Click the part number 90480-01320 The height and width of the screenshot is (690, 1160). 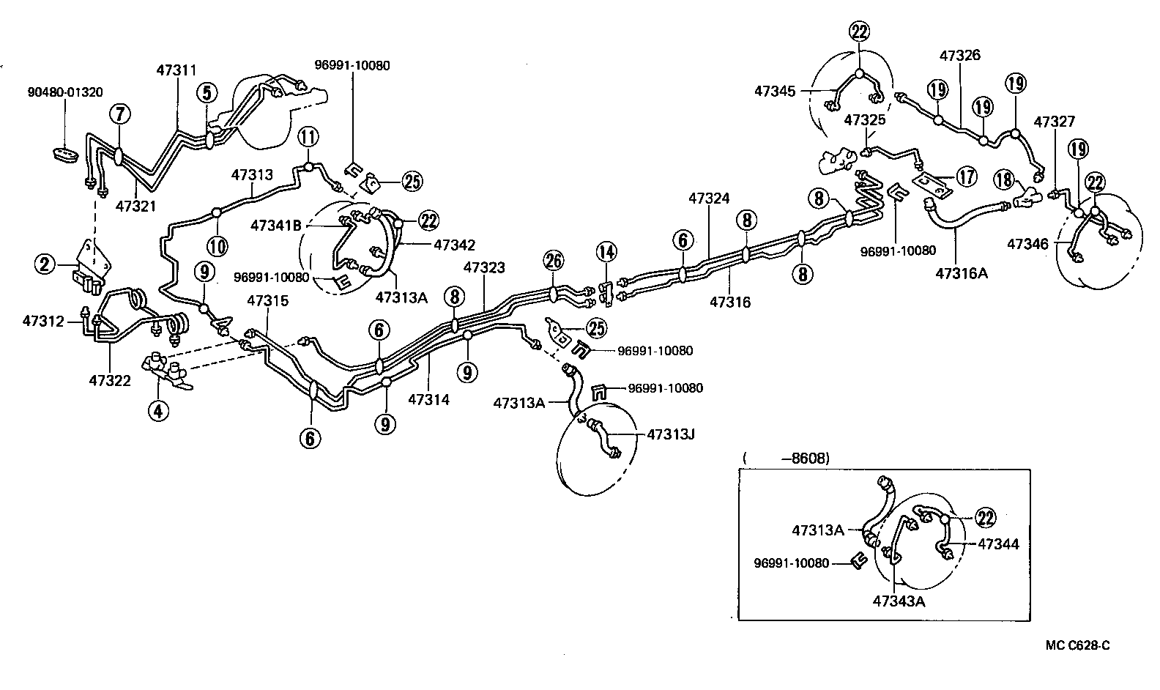pyautogui.click(x=65, y=92)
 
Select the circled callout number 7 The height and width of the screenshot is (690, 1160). pyautogui.click(x=119, y=114)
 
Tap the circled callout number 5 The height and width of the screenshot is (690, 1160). pyautogui.click(x=207, y=93)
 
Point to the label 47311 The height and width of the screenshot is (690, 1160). pyautogui.click(x=176, y=70)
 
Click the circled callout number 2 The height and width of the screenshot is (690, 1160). pyautogui.click(x=45, y=264)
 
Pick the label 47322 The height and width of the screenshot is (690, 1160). pyautogui.click(x=110, y=380)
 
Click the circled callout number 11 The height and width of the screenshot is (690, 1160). pyautogui.click(x=308, y=136)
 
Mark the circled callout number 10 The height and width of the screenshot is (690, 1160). pyautogui.click(x=218, y=245)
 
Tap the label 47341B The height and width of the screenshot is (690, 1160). pyautogui.click(x=276, y=226)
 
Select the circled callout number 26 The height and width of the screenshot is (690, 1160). pyautogui.click(x=554, y=259)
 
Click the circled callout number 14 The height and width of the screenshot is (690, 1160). pyautogui.click(x=606, y=252)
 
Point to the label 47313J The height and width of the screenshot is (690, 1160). pyautogui.click(x=670, y=434)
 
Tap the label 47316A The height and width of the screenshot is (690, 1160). pyautogui.click(x=962, y=273)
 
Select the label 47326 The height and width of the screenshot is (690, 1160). pyautogui.click(x=960, y=55)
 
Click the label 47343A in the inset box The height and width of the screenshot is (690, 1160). pyautogui.click(x=899, y=602)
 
